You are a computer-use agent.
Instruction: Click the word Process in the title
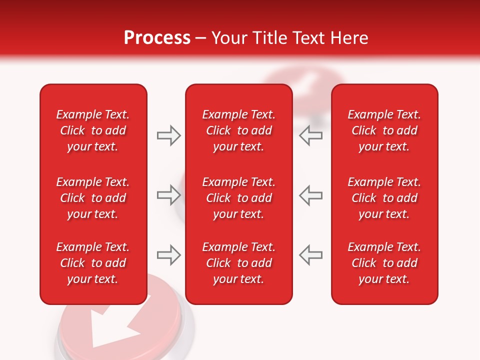(x=157, y=38)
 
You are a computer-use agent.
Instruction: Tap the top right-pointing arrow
(x=168, y=135)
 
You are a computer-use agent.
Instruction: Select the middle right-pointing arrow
(x=168, y=195)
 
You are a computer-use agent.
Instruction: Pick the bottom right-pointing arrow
(x=168, y=255)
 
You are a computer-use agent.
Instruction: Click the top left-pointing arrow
(x=311, y=135)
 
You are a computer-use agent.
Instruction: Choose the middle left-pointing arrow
(x=311, y=195)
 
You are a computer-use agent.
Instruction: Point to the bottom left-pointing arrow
(x=311, y=255)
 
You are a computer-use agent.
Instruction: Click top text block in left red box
(x=93, y=130)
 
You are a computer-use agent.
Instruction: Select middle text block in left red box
(x=93, y=198)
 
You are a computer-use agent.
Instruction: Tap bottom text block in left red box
(x=93, y=263)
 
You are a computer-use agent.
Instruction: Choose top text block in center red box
(x=239, y=130)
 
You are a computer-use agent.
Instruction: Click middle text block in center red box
(x=239, y=198)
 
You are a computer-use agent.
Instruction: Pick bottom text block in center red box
(x=239, y=263)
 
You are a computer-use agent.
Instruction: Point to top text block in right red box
(x=384, y=130)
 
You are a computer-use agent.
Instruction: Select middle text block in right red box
(x=384, y=198)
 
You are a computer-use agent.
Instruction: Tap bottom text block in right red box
(x=384, y=263)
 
